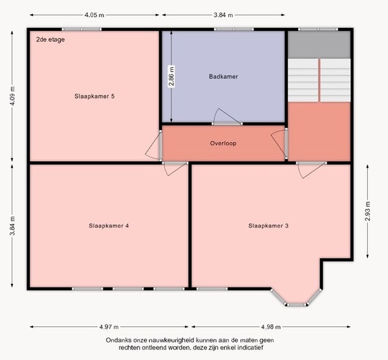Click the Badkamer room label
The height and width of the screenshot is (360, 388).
click(224, 76)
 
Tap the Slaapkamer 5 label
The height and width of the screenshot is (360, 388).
click(94, 96)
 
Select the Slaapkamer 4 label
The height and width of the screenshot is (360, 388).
click(109, 226)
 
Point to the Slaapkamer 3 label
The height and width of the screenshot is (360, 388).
click(268, 226)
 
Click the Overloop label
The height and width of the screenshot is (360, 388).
click(223, 143)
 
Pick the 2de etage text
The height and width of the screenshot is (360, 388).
click(50, 39)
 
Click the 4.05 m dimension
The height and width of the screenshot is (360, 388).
click(94, 15)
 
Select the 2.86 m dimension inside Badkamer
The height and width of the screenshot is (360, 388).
click(171, 76)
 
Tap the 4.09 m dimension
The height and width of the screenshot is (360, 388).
click(12, 96)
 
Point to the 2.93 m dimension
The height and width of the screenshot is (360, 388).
click(368, 211)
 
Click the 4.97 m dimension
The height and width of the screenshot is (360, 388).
click(109, 327)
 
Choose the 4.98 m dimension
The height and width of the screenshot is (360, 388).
click(271, 327)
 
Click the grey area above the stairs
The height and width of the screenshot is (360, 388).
click(319, 45)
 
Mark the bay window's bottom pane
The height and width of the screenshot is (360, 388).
click(296, 304)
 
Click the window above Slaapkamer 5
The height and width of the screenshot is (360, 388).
click(81, 29)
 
